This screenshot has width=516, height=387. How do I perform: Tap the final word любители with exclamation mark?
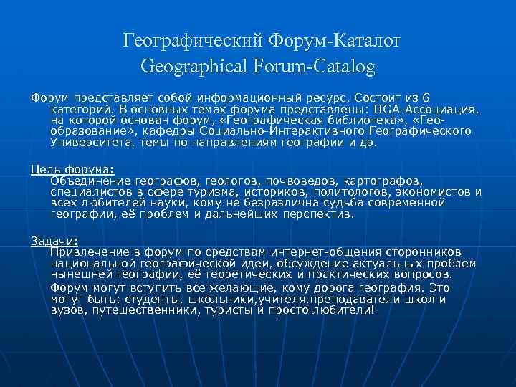click(340, 310)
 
